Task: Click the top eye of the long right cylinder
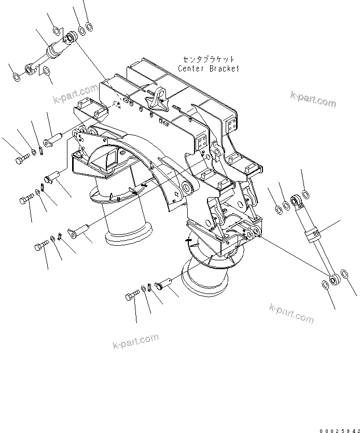pyautogui.click(x=297, y=199)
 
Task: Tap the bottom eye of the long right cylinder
pyautogui.click(x=334, y=279)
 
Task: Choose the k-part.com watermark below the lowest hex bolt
pyautogui.click(x=135, y=342)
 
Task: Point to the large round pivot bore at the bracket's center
pyautogui.click(x=185, y=187)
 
